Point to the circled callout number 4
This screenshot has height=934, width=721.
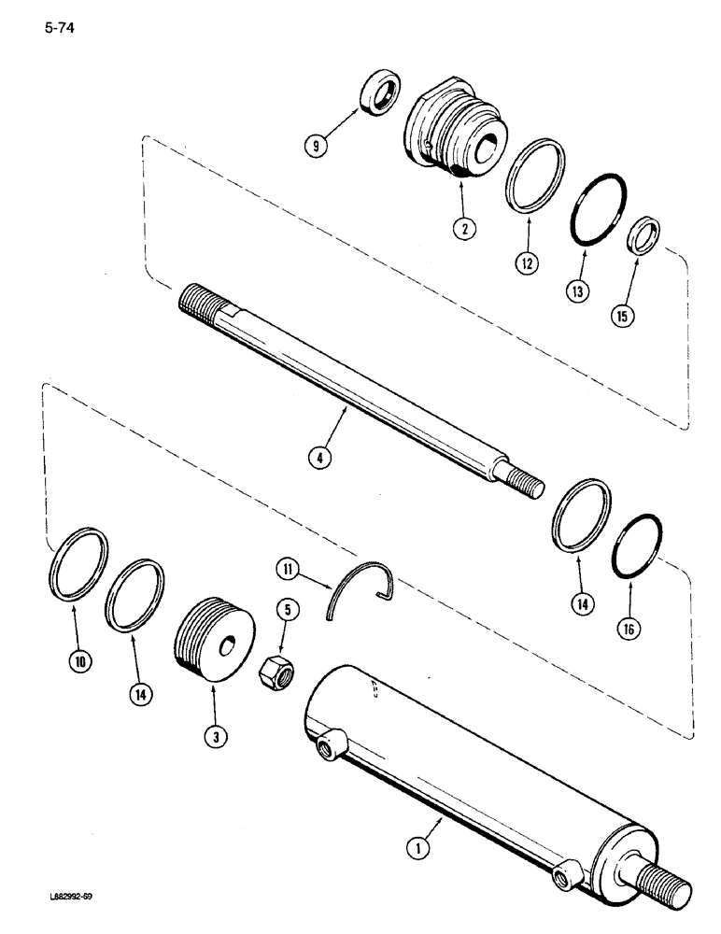coord(321,460)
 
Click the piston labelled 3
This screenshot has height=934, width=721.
coord(215,641)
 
